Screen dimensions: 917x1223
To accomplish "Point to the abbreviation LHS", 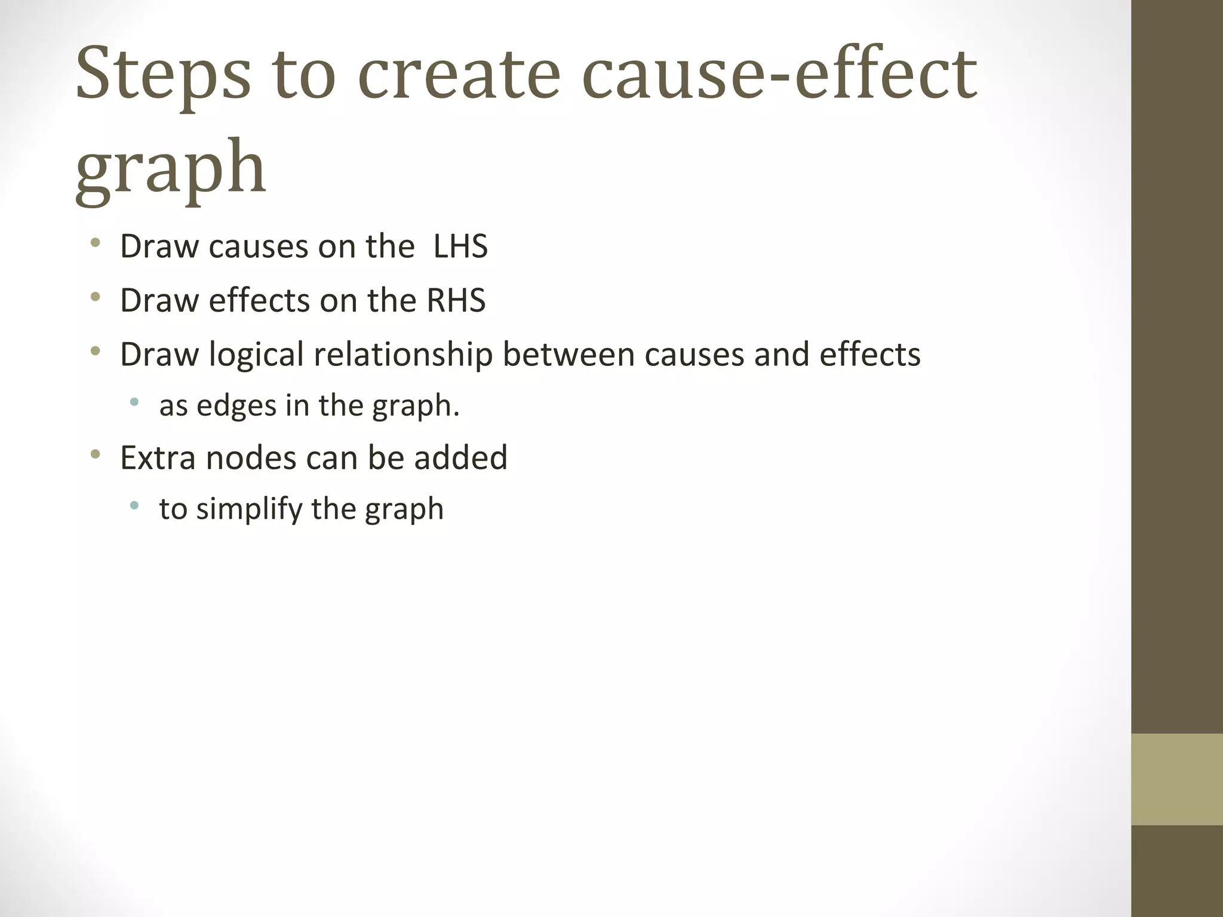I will (460, 247).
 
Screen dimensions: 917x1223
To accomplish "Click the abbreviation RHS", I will (456, 300).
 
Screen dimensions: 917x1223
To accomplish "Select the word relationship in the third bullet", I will (403, 355).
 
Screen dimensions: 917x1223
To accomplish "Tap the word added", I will (460, 458).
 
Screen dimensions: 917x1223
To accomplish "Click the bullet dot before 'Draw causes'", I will (95, 243).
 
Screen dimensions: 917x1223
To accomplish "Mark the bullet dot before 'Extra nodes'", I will (95, 454).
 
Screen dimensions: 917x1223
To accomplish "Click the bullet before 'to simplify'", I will (134, 506).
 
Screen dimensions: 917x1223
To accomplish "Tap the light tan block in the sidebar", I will (1177, 779).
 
